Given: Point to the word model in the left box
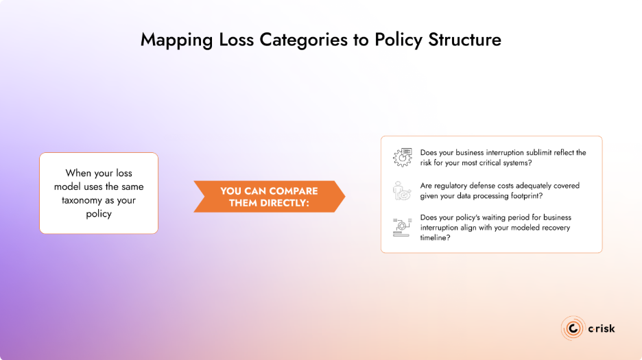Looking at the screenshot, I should (80, 187).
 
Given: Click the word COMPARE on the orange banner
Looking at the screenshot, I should (289, 191).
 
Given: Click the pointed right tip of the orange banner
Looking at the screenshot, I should (344, 197).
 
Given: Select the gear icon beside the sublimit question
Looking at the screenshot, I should (402, 157).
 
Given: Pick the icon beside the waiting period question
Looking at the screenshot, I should (402, 226).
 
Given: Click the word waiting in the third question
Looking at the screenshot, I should (491, 217).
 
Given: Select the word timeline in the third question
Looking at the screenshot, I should (436, 237).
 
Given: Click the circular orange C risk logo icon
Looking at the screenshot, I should (572, 328).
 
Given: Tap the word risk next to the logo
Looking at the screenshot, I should (604, 328).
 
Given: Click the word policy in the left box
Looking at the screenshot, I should (99, 213).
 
